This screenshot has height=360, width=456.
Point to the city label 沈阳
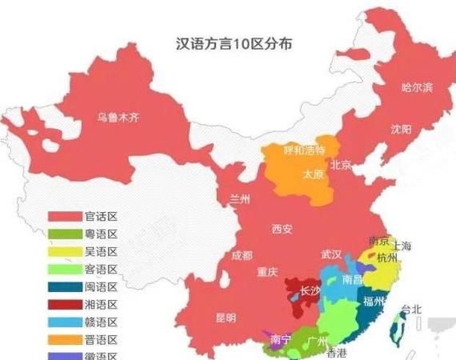(x=401, y=130)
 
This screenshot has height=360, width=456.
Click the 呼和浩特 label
(x=305, y=150)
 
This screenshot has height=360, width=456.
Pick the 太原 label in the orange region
(x=311, y=174)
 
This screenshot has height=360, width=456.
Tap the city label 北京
(x=342, y=166)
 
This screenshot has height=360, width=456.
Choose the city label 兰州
(x=240, y=198)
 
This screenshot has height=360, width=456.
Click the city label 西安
(x=282, y=230)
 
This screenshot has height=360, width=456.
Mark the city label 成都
(x=242, y=256)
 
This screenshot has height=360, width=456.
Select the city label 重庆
(x=266, y=272)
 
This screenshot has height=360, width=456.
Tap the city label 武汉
(x=331, y=254)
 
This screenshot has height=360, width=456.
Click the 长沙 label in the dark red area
(x=310, y=291)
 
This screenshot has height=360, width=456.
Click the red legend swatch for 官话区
(x=64, y=217)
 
